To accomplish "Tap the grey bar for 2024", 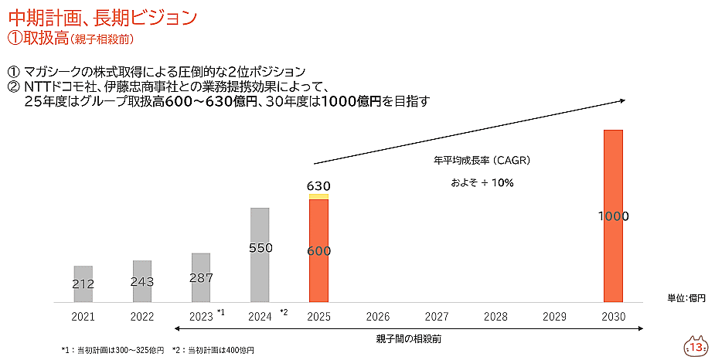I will click(x=260, y=255).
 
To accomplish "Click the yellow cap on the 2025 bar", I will click(x=318, y=197).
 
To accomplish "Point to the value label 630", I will click(x=318, y=186).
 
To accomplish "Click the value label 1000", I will click(x=613, y=216).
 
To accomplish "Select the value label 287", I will click(x=201, y=277).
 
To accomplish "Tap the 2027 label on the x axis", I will click(x=437, y=317).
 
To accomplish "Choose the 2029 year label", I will click(x=554, y=317).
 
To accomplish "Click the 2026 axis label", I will click(x=377, y=317).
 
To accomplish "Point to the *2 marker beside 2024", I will click(x=283, y=312).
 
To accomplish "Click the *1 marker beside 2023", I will click(x=220, y=312).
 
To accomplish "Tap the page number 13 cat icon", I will click(x=696, y=347).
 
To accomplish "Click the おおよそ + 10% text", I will click(x=482, y=183).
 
